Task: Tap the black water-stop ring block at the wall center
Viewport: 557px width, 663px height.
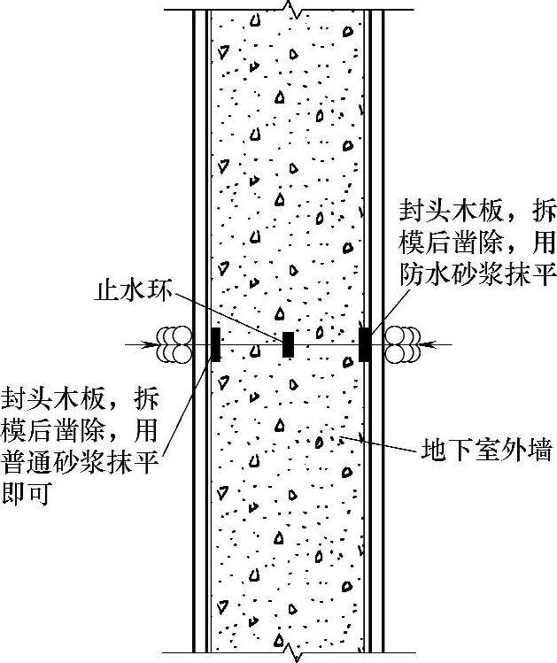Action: (288, 344)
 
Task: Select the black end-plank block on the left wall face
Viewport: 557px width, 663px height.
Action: (214, 344)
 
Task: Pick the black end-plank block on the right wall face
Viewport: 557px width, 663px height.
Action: (364, 344)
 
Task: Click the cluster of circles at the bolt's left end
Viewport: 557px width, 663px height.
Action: (174, 344)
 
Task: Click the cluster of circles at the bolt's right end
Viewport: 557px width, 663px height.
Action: (404, 344)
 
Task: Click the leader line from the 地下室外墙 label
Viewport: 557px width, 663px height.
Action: (381, 443)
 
